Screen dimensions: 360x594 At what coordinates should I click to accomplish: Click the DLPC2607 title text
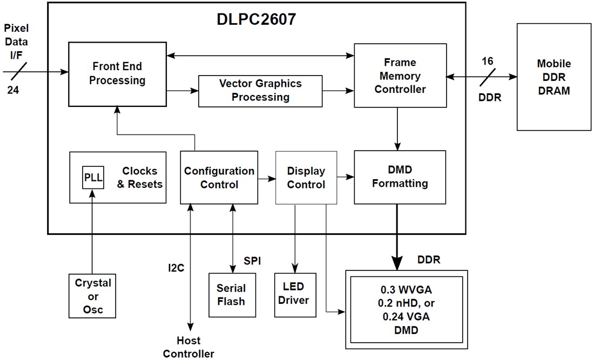click(x=257, y=20)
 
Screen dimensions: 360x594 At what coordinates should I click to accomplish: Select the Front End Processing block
click(x=117, y=74)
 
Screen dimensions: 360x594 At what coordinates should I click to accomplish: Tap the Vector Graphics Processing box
click(x=260, y=90)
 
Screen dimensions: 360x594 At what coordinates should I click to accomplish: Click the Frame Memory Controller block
click(x=400, y=76)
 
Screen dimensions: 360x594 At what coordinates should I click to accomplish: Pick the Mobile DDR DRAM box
click(x=553, y=77)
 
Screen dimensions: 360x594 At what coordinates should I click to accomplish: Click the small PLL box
click(x=93, y=178)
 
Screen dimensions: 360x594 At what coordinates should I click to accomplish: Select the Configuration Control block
click(x=219, y=178)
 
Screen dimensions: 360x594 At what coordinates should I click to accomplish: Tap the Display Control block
click(x=306, y=178)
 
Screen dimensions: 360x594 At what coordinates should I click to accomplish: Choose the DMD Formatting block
click(x=400, y=177)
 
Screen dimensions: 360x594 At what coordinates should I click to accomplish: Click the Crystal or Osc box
click(x=93, y=296)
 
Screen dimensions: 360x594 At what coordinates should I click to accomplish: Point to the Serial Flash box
click(x=232, y=295)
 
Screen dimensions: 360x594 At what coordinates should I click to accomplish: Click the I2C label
click(x=176, y=267)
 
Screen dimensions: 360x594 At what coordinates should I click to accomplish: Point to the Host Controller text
click(x=188, y=347)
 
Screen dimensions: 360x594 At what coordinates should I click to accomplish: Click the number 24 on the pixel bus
click(x=13, y=90)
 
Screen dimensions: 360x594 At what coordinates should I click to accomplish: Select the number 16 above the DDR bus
click(x=487, y=61)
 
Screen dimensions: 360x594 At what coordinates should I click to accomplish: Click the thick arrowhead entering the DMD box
click(x=397, y=263)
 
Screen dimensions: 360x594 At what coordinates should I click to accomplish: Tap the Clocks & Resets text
click(x=139, y=177)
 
